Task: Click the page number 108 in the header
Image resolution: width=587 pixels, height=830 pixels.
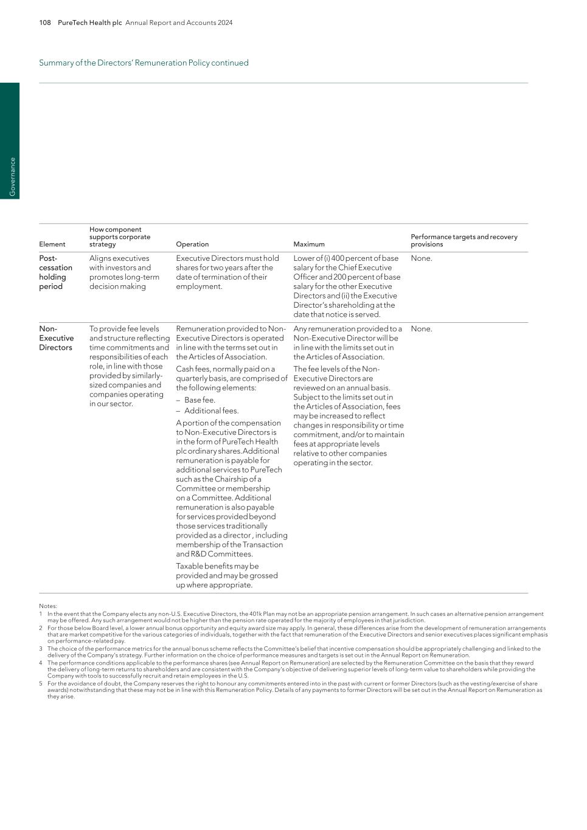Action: pos(45,22)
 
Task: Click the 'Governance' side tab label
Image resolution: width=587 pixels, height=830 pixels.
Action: pos(12,177)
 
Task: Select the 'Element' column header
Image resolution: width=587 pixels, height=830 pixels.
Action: pos(52,244)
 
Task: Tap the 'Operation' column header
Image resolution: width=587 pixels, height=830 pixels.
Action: pos(192,244)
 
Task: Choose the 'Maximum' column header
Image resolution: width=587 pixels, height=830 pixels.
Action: pos(309,244)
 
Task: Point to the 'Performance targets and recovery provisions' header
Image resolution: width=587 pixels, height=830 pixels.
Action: pos(464,241)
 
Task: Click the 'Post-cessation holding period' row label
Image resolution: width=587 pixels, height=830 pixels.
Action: pos(55,272)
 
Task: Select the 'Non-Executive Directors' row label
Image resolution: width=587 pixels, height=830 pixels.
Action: pos(56,338)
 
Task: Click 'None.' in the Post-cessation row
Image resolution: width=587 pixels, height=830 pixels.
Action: pos(422,258)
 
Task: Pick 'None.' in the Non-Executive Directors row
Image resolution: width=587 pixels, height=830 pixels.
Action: pos(422,329)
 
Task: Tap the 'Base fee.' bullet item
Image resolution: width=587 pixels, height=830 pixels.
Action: pos(200,400)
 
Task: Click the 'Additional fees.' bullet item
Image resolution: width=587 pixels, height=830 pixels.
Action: pos(211,411)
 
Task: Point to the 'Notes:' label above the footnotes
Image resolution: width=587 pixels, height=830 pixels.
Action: pos(48,606)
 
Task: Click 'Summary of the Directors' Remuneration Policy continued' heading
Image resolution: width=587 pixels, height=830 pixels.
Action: pos(144,63)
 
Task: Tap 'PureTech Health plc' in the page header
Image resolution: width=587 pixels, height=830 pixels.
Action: pos(89,22)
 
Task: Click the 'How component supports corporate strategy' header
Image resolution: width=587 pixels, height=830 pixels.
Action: pos(120,237)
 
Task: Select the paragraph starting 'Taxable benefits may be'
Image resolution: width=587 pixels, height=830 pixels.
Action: pos(226,575)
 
